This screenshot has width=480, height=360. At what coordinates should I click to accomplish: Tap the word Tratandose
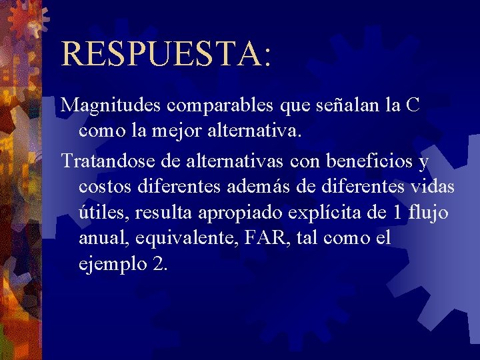[x=113, y=161]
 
